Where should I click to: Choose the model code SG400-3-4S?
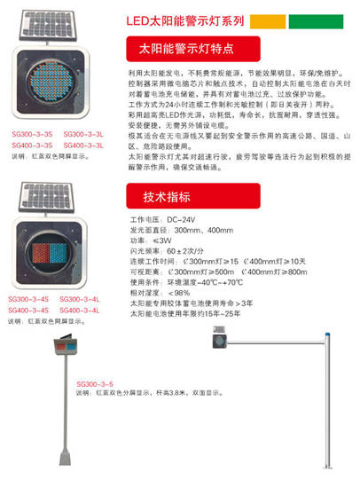[29, 311]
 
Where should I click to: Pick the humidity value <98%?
[177, 292]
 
